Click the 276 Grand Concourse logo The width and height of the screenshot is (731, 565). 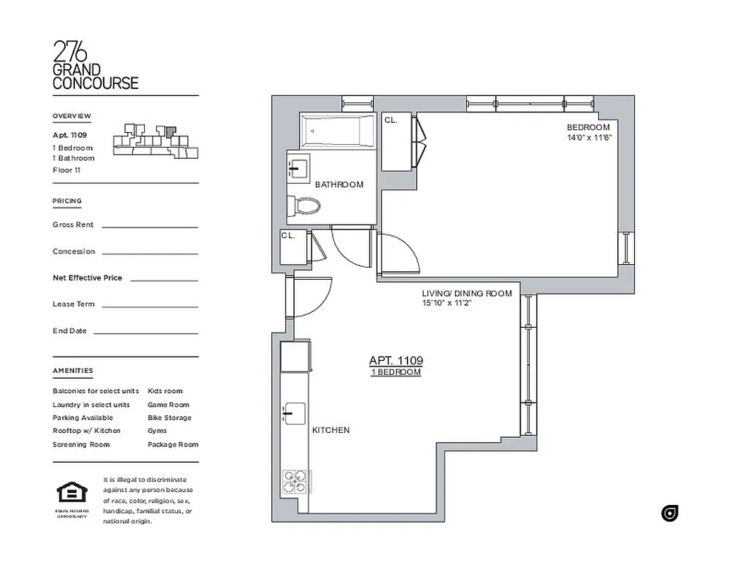(95, 65)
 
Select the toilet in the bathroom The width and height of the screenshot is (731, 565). (304, 206)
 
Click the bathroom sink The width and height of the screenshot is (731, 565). (297, 169)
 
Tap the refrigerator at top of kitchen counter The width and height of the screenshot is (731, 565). (295, 356)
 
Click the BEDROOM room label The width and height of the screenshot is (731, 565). (588, 127)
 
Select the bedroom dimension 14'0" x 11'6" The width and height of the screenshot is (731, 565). (588, 138)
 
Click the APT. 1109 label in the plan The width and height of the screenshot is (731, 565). (396, 360)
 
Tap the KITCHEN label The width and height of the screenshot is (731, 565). (331, 430)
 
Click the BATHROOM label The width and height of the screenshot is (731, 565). (339, 184)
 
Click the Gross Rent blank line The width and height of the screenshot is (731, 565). (150, 227)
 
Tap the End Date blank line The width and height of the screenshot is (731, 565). (145, 333)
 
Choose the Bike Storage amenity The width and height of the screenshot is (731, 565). (169, 417)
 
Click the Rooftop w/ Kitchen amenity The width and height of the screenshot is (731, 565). (86, 431)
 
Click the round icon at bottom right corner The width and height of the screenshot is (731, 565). (669, 513)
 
